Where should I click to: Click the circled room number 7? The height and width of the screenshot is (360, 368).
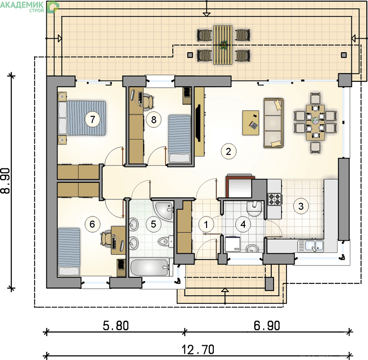(93, 119)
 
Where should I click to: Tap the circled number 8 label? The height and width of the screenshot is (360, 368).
(153, 120)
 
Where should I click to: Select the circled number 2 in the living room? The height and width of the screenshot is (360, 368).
(229, 152)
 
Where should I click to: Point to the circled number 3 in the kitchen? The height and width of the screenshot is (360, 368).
(301, 206)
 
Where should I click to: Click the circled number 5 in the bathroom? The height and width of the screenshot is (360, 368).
(153, 224)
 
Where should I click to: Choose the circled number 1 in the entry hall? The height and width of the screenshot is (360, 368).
(206, 225)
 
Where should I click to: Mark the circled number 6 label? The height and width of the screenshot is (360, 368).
(92, 224)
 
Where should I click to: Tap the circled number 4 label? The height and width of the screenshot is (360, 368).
(243, 224)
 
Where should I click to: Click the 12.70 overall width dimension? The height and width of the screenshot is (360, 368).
(198, 350)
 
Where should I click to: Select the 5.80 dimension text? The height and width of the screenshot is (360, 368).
(116, 326)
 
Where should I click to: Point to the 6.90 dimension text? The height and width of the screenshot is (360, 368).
(267, 326)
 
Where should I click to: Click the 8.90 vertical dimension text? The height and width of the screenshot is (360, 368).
(6, 180)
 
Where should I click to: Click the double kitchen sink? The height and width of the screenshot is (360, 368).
(311, 246)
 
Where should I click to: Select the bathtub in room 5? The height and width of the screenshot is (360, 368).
(149, 267)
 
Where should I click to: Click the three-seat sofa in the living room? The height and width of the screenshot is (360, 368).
(274, 123)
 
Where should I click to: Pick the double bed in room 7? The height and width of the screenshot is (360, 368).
(82, 118)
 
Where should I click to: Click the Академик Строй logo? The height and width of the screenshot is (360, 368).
(29, 6)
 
